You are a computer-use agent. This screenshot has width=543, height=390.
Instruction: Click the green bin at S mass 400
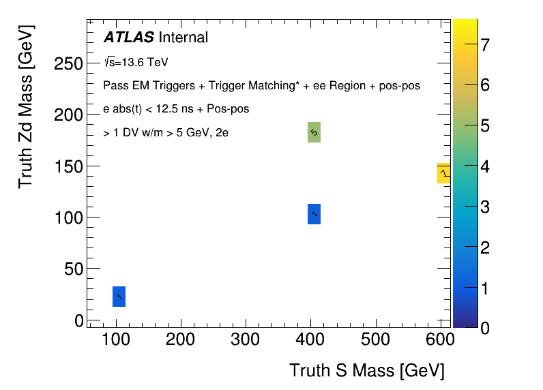(x=314, y=132)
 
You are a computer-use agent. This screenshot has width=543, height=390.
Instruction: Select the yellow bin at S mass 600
(x=443, y=173)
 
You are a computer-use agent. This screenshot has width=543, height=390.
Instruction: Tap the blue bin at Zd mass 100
(x=314, y=214)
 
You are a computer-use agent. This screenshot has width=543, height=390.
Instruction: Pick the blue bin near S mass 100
(x=119, y=297)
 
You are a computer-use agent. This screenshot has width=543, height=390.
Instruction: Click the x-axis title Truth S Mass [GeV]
(x=367, y=370)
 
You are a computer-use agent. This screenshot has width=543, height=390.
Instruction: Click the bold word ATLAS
(x=128, y=37)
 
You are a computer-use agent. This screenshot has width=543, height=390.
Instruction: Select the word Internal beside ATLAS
(x=183, y=37)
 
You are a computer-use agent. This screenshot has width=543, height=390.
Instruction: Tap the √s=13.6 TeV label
(x=136, y=63)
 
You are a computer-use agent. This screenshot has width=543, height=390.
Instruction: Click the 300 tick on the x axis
(x=245, y=340)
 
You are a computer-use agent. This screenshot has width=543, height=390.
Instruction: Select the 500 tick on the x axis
(x=375, y=340)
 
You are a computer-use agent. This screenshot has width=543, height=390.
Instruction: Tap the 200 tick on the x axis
(x=180, y=340)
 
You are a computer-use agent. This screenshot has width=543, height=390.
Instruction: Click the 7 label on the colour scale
(x=484, y=46)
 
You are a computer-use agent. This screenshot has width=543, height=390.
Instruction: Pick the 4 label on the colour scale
(x=484, y=167)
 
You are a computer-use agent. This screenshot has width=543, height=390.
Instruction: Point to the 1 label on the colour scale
(x=484, y=288)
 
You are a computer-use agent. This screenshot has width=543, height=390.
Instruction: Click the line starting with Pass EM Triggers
(x=261, y=86)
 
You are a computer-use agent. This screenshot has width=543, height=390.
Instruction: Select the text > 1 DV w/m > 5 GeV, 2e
(x=166, y=133)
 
